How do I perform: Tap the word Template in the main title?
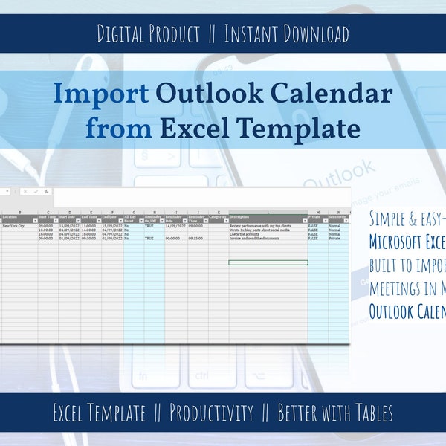307,129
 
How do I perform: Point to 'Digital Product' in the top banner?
149,34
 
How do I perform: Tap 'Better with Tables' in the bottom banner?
335,413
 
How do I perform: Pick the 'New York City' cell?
13,225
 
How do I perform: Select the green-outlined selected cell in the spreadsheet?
268,262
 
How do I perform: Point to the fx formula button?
46,192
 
